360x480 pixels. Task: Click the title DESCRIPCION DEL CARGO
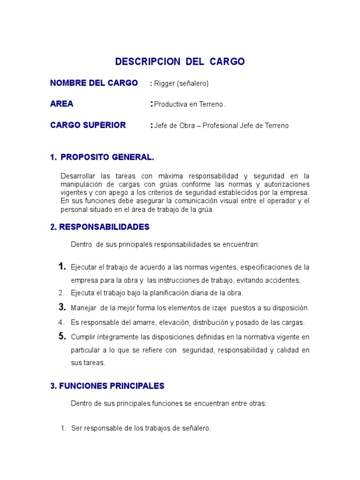click(x=180, y=62)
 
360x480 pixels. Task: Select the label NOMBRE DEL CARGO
click(x=94, y=83)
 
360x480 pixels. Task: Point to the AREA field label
click(x=62, y=104)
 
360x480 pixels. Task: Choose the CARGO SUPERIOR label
click(x=88, y=125)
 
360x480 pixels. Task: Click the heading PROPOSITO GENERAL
click(x=107, y=157)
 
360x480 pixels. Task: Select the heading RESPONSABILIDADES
click(x=104, y=227)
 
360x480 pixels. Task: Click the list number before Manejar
click(x=62, y=307)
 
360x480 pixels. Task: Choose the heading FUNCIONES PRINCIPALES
click(x=107, y=386)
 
